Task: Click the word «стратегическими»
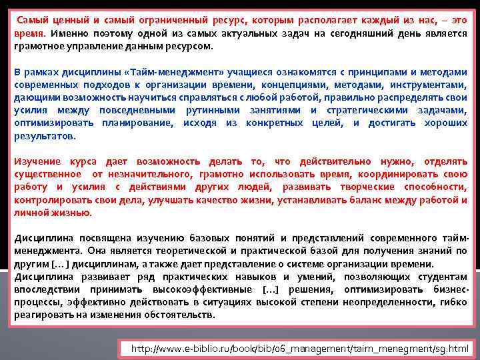(x=365, y=110)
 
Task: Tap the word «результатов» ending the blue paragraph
(x=45, y=135)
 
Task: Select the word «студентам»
(x=442, y=277)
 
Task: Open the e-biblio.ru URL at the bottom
(x=300, y=348)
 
